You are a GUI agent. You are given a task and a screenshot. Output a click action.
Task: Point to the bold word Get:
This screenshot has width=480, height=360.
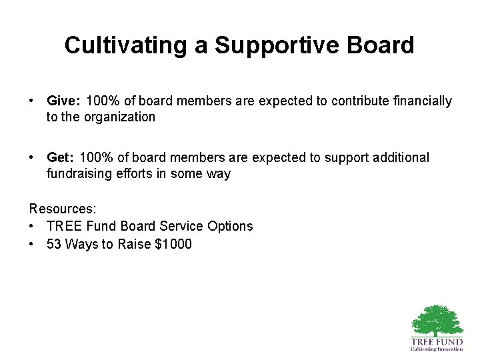click(60, 157)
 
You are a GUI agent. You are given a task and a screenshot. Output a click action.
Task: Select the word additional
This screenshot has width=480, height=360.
click(397, 157)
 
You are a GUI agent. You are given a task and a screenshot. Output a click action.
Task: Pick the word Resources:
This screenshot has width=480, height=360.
click(63, 210)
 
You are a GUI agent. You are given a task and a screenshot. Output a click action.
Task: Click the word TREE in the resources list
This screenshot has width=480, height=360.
click(65, 226)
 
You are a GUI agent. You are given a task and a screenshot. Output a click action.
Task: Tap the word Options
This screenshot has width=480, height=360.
click(228, 226)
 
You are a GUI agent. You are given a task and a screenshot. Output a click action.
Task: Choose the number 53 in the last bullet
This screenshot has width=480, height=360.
click(55, 244)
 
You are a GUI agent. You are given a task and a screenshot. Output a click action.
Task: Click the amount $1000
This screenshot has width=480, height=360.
click(173, 244)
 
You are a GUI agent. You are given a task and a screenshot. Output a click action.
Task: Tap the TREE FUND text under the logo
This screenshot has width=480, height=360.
click(437, 341)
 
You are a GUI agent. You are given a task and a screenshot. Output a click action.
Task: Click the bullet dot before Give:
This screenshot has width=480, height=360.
click(32, 101)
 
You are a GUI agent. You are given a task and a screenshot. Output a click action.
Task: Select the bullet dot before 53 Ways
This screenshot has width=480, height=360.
click(32, 244)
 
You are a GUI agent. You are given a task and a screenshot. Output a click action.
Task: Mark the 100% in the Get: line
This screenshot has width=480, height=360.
click(94, 157)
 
